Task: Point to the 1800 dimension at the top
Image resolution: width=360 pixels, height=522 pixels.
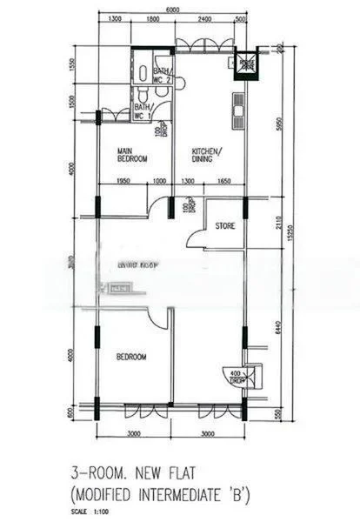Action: [153, 18]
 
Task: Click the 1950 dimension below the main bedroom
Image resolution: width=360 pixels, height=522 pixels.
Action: [122, 180]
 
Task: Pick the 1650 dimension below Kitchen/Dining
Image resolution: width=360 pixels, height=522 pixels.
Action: [224, 180]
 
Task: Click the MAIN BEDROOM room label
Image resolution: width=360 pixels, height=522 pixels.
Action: [132, 154]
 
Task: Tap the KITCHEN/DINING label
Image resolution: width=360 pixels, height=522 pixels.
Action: [207, 154]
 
